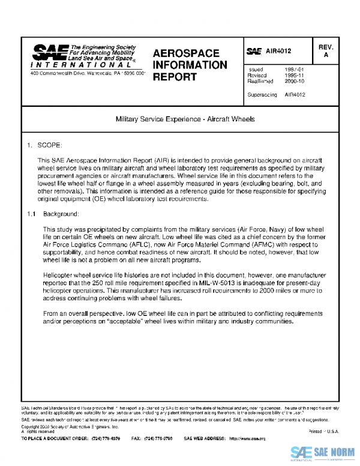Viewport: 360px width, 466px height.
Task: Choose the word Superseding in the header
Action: click(x=262, y=95)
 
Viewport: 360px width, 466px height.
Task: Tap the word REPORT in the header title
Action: click(x=175, y=77)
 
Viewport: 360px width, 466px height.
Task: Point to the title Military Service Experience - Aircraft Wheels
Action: click(x=185, y=120)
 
